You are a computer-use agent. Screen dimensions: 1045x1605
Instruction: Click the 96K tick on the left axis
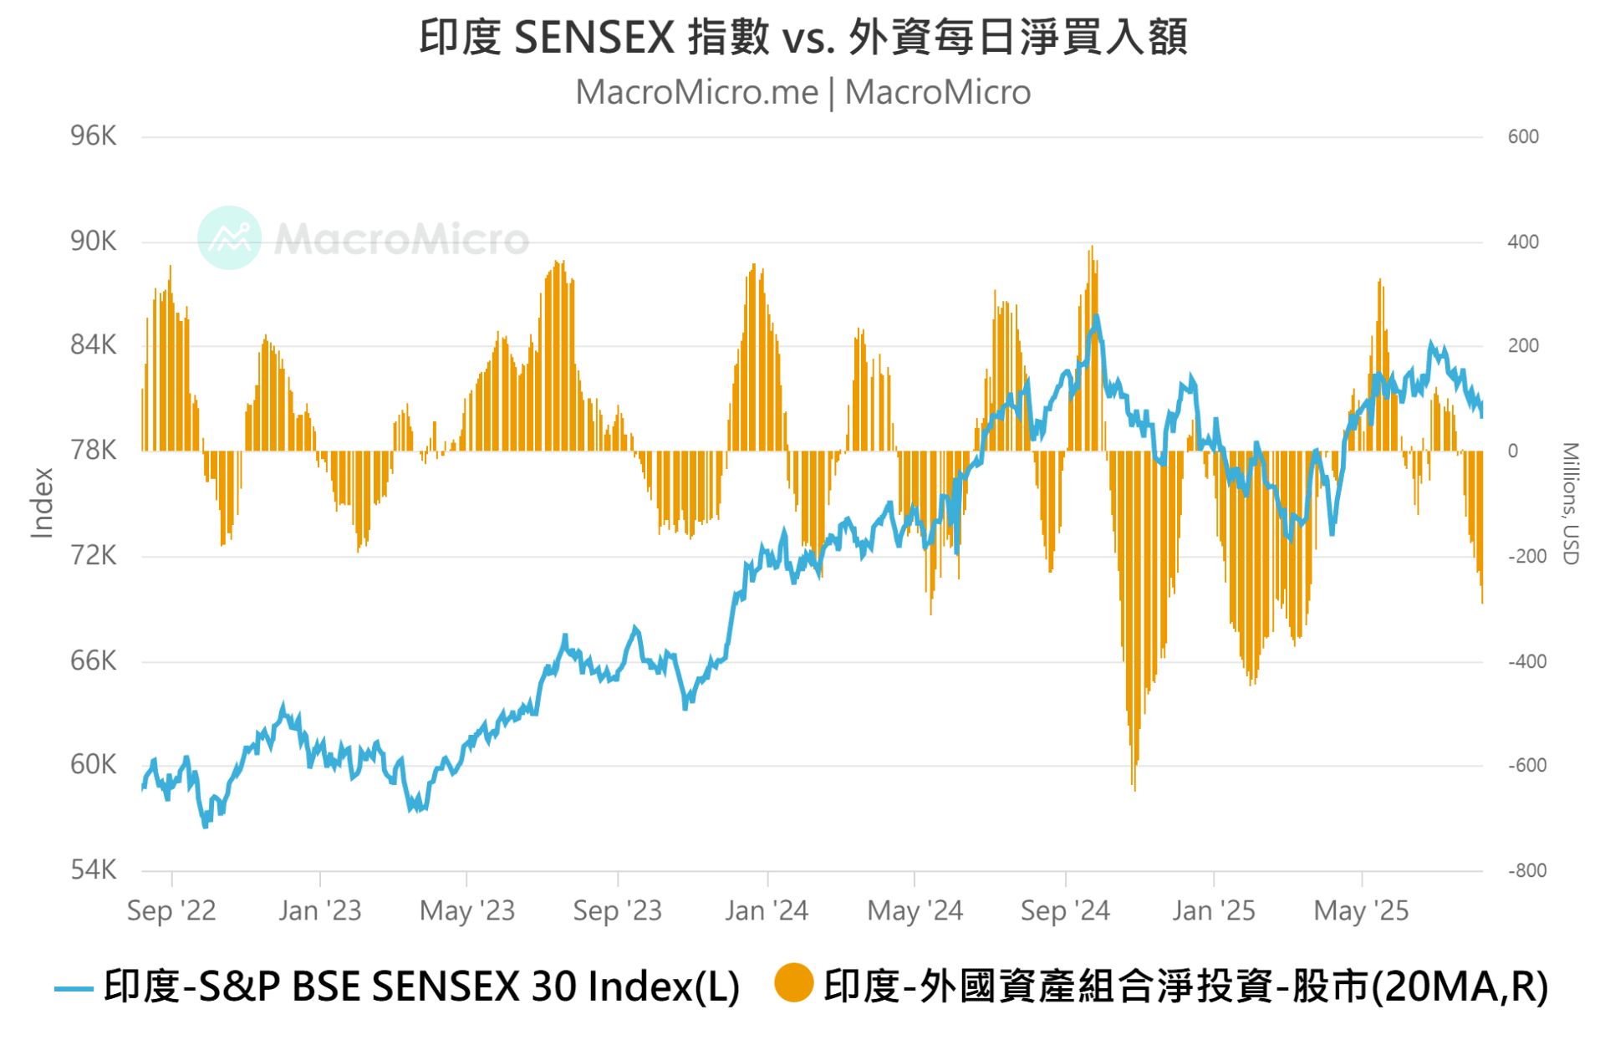pos(93,135)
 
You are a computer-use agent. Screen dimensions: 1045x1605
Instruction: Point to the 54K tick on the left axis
pos(93,869)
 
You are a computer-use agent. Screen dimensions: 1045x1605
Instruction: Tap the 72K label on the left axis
pos(93,555)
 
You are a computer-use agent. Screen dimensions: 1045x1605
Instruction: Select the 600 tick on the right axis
pos(1523,136)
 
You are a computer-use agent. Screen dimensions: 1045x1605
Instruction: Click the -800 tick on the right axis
pos(1526,870)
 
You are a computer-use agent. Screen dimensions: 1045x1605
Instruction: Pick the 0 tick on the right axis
pos(1513,451)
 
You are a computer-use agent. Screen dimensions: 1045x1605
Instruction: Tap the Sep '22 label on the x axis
pos(171,910)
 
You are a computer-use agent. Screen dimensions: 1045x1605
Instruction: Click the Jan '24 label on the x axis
pos(767,910)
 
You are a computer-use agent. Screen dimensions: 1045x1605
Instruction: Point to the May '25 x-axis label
pos(1361,910)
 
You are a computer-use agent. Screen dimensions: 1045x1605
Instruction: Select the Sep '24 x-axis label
pos(1065,910)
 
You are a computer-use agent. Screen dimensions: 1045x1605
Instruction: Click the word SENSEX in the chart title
pos(594,38)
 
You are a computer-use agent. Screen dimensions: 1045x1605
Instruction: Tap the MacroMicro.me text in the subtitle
pos(696,92)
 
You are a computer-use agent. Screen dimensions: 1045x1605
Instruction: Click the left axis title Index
pos(42,502)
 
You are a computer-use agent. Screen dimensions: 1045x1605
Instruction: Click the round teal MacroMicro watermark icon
pos(230,237)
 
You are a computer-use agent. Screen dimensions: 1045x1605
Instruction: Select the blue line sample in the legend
pos(74,989)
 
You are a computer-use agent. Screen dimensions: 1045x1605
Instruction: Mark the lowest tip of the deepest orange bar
pos(1134,789)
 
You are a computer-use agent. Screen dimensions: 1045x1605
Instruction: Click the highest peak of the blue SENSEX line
pos(1096,317)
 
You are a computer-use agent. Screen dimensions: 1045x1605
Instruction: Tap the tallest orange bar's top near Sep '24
pos(1091,247)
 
